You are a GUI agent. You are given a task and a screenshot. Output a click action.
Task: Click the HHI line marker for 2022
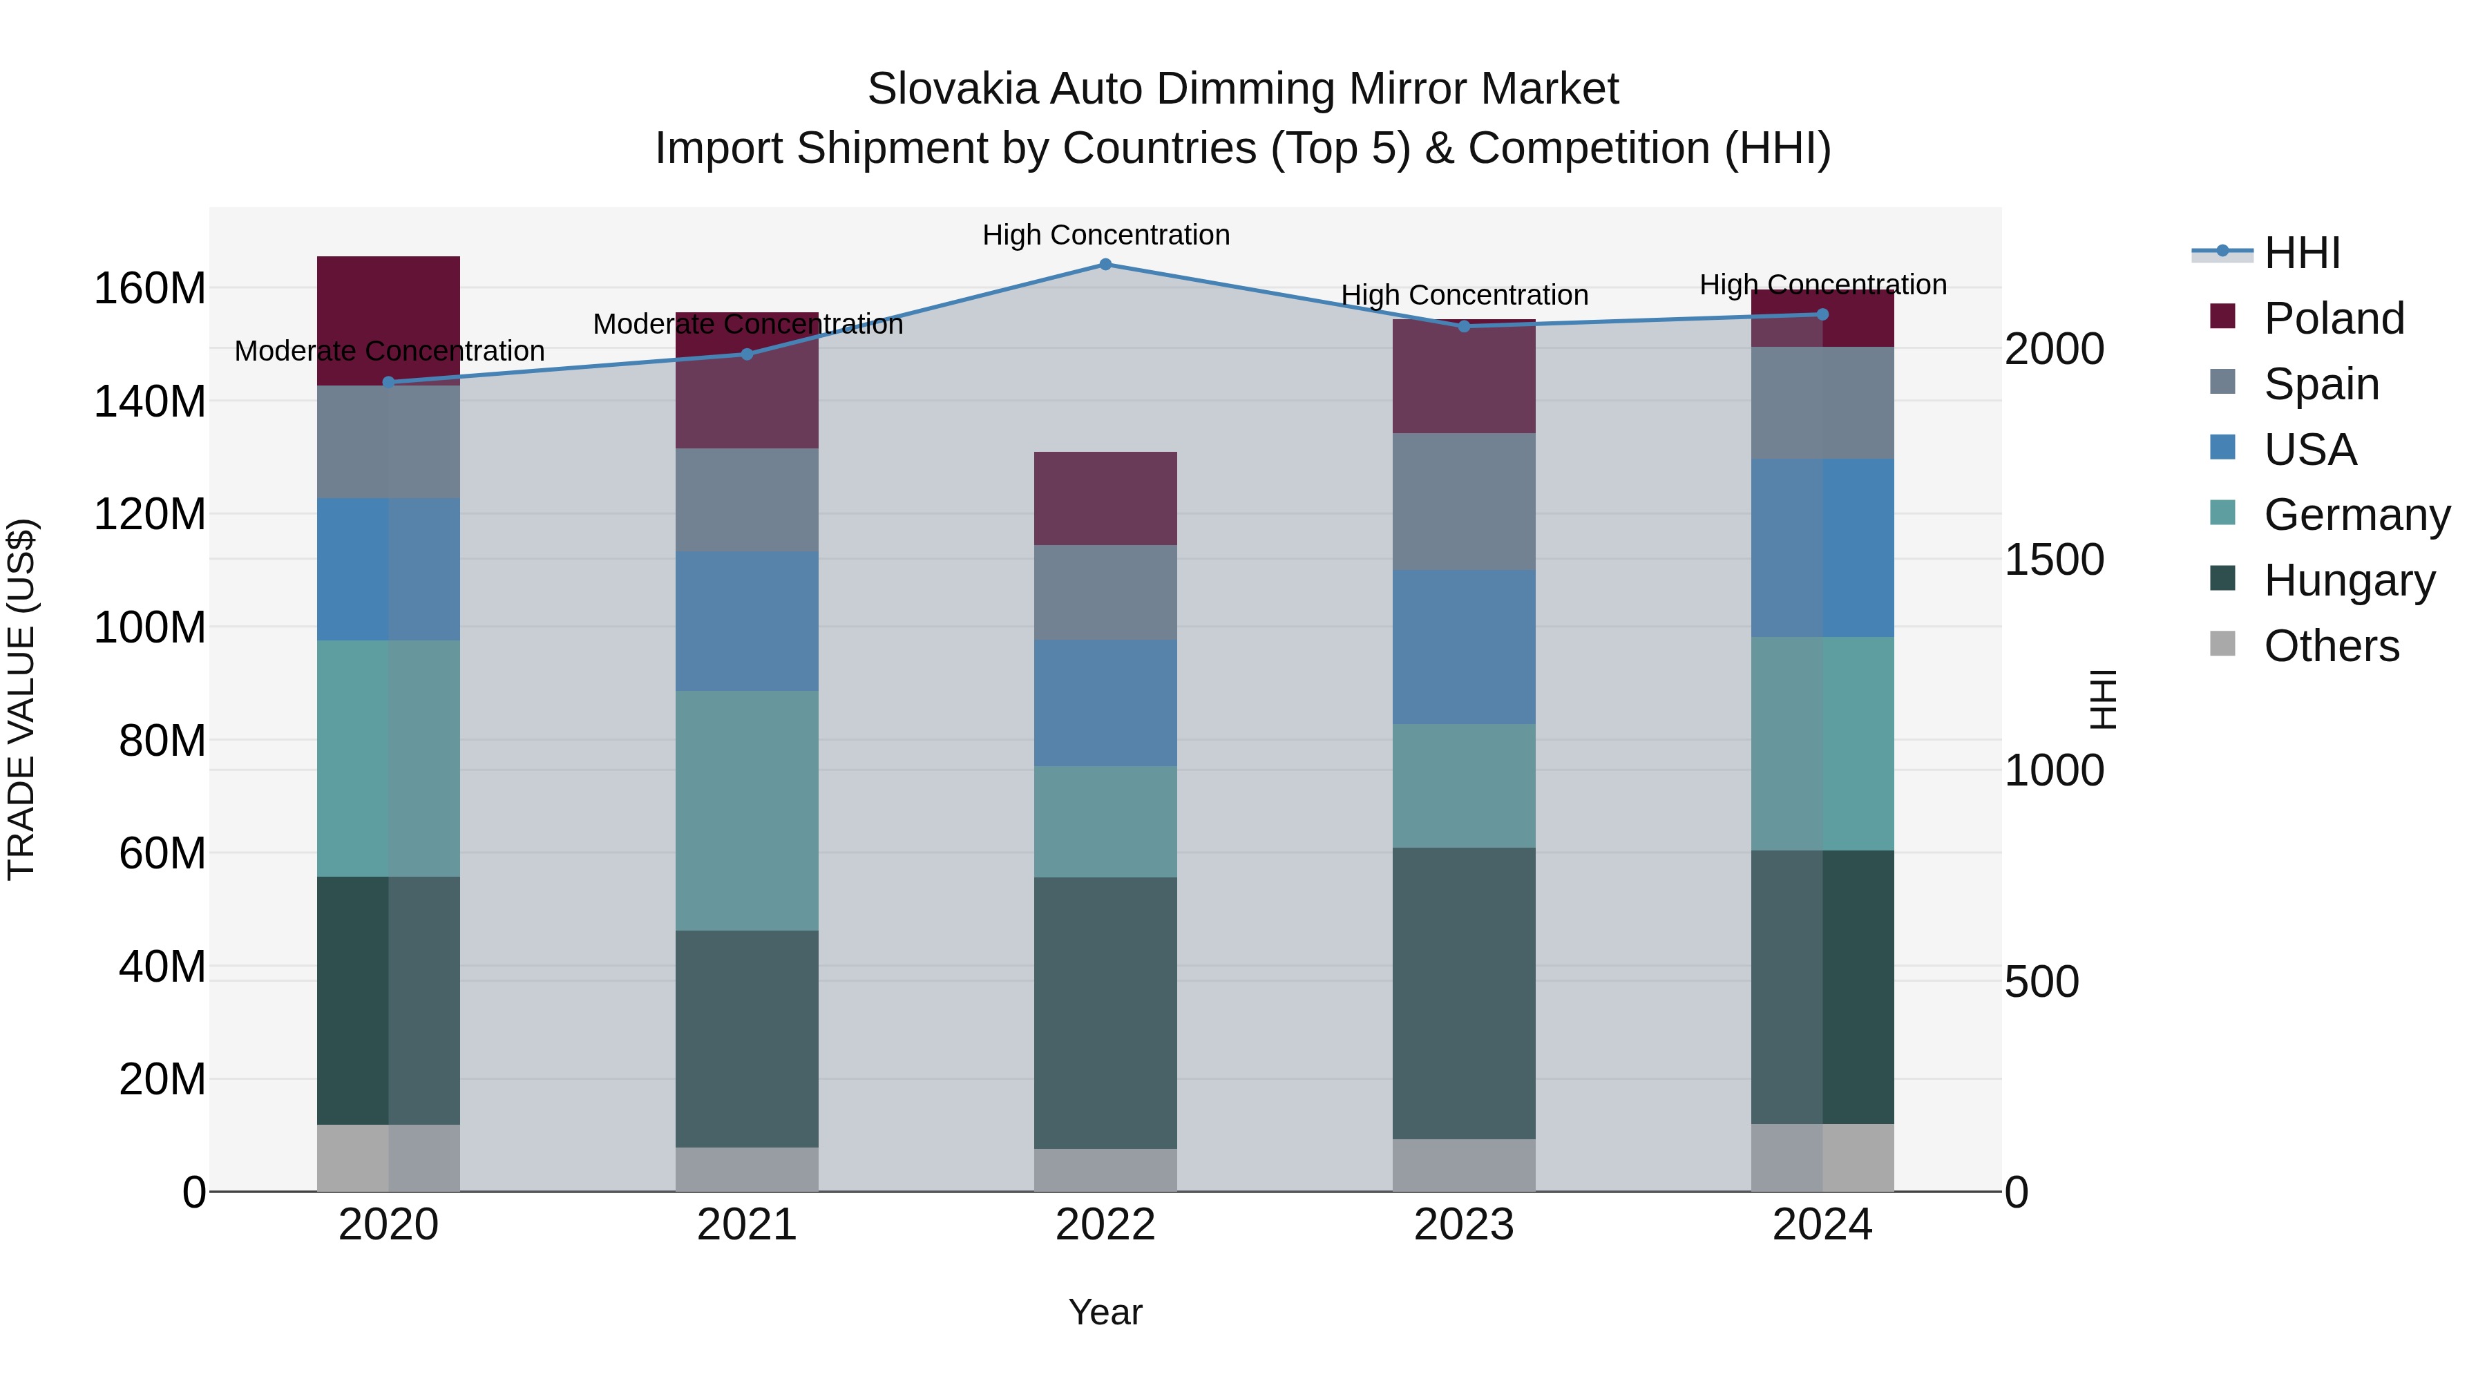[x=1105, y=265]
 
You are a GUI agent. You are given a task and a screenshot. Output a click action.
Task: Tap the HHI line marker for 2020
[x=388, y=382]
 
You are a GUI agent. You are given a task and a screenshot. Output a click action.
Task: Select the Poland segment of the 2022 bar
[x=1105, y=498]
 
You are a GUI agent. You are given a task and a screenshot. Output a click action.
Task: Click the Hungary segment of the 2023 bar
[x=1464, y=993]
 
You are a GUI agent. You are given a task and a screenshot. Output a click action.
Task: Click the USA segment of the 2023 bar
[x=1464, y=647]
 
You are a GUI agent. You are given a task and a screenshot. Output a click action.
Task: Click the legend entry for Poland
[x=2332, y=318]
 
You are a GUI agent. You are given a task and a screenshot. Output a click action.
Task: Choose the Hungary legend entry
[x=2348, y=580]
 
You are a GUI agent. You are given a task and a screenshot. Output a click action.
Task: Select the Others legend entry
[x=2331, y=646]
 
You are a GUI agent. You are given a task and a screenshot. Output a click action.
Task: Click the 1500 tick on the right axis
[x=2054, y=560]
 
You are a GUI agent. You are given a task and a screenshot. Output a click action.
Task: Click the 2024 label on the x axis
[x=1822, y=1225]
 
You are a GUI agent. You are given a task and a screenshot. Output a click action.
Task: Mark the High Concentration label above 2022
[x=1105, y=235]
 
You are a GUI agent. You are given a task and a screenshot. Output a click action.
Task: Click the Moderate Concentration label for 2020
[x=389, y=350]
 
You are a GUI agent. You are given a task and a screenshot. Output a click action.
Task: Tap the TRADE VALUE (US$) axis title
[x=21, y=699]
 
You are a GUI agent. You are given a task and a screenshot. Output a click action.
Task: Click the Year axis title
[x=1105, y=1312]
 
